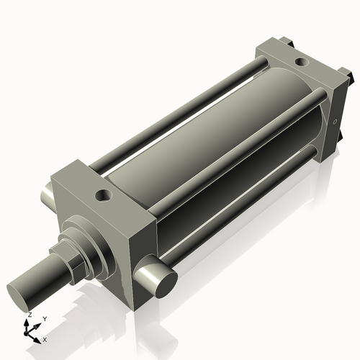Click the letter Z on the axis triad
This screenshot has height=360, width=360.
click(x=29, y=315)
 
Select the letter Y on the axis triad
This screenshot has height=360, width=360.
click(x=44, y=318)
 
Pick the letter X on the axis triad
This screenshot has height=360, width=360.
click(x=45, y=338)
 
